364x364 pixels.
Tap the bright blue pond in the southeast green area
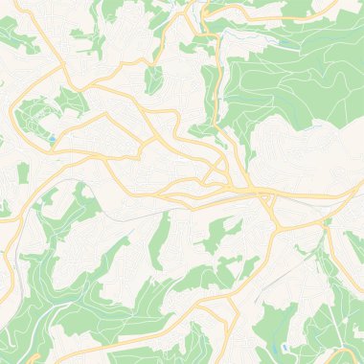284,347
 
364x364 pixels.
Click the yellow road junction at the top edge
201,8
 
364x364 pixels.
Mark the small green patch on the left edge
4,206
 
